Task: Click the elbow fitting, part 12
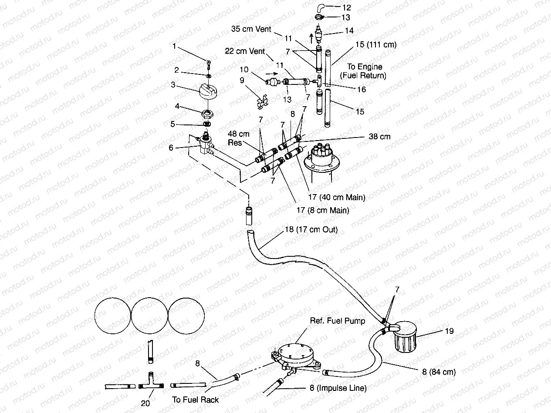[320, 7]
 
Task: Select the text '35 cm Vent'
[251, 29]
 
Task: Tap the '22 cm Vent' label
[244, 51]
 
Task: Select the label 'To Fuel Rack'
[195, 400]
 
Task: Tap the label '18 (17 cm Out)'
[311, 229]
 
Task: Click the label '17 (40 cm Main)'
[337, 197]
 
